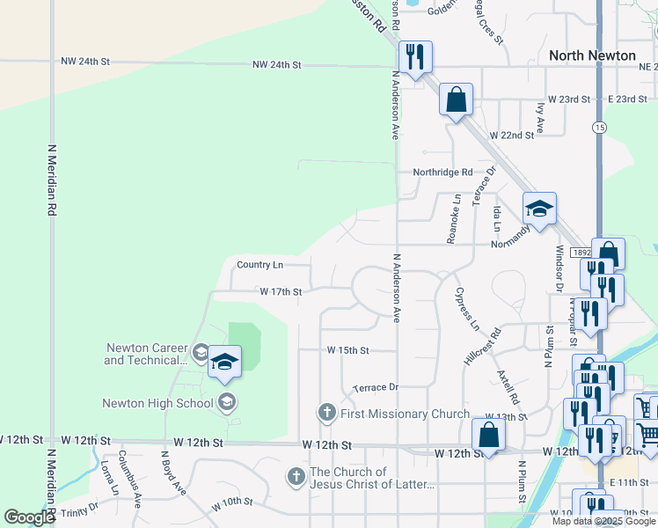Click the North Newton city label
pos(592,55)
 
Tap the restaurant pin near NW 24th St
pos(412,58)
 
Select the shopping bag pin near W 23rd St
pos(457,99)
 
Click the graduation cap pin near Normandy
pos(539,209)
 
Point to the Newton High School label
pos(157,403)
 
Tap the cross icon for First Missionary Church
pos(326,413)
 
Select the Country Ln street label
pos(260,265)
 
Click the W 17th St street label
pos(281,291)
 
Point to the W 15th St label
pos(347,350)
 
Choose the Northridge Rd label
pos(443,172)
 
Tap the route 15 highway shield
pos(599,128)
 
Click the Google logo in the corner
pos(29,517)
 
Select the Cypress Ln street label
pos(467,309)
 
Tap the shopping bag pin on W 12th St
pos(488,435)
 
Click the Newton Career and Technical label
pos(145,354)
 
